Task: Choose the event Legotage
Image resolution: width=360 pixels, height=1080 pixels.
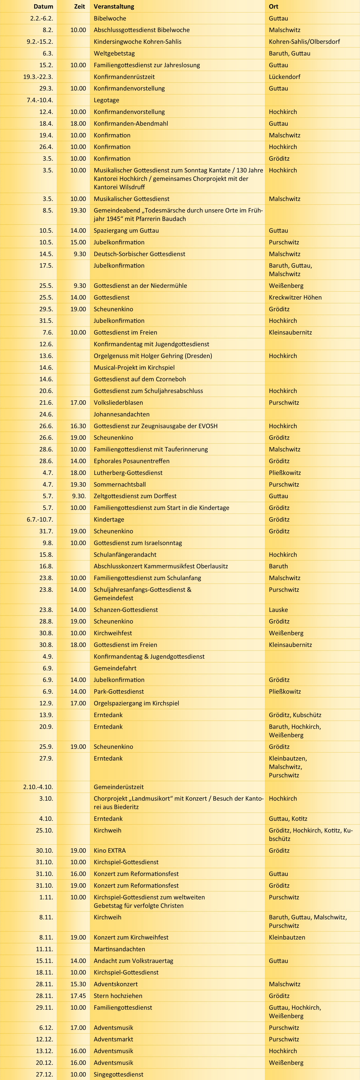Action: [x=106, y=100]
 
